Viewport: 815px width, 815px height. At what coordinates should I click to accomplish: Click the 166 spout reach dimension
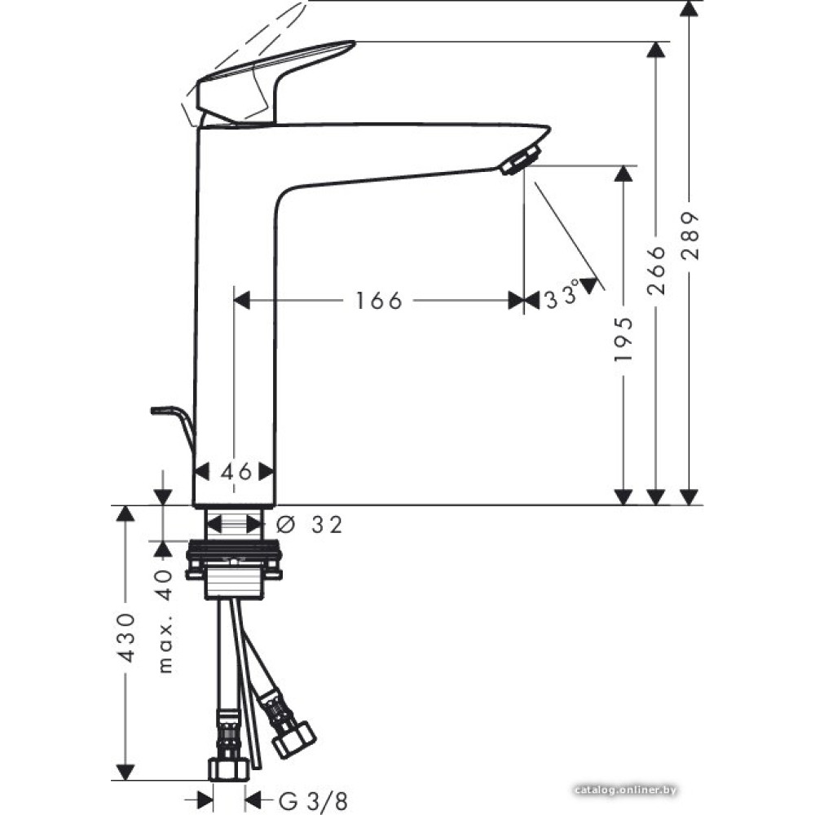[379, 301]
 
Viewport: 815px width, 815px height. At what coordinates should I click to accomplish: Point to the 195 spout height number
[623, 339]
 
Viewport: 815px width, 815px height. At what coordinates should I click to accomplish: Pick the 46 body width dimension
[236, 472]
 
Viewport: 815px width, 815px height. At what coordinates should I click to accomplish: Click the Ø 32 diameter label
[309, 525]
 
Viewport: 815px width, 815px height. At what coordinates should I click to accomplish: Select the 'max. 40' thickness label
[165, 621]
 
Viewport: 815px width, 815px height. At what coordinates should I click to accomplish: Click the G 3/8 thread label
[313, 800]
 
